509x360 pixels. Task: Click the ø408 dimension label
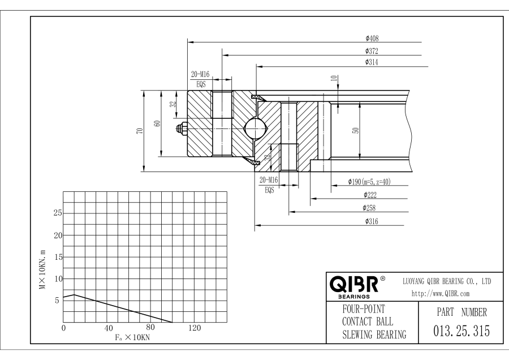372,38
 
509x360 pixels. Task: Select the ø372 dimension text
372,51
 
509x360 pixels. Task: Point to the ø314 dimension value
372,62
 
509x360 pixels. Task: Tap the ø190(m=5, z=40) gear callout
369,182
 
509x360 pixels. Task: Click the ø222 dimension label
371,194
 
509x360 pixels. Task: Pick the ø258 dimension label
371,208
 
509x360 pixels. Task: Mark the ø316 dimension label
371,221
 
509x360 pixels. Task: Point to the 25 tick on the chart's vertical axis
57,213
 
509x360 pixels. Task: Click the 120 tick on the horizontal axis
195,327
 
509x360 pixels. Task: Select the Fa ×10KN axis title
129,337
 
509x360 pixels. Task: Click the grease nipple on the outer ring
182,130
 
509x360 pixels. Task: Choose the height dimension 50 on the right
355,130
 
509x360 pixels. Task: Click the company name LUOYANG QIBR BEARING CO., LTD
446,281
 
